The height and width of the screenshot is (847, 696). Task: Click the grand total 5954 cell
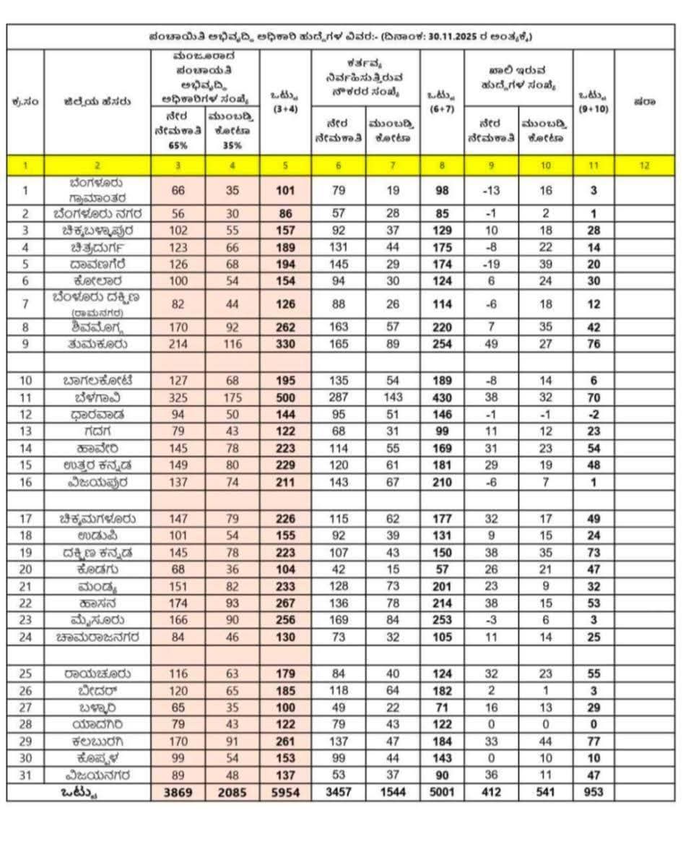point(285,792)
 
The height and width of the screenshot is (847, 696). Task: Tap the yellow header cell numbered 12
point(644,165)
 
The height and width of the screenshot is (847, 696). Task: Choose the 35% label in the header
point(232,145)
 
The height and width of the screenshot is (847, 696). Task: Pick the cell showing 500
point(285,397)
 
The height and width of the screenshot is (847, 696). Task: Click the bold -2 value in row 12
point(593,415)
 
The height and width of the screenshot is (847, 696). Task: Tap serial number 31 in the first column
point(25,775)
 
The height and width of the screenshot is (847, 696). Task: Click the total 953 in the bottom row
point(593,792)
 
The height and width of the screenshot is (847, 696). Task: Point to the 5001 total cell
point(442,792)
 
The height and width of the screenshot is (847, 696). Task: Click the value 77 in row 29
point(593,741)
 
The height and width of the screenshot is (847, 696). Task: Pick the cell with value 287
point(339,397)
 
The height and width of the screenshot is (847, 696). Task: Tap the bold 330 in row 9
point(285,344)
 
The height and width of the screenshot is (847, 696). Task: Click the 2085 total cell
point(232,792)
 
